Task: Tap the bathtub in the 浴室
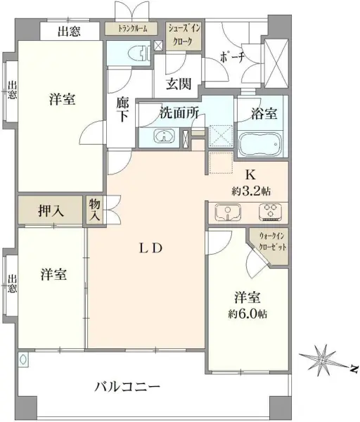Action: (260, 144)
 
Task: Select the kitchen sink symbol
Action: (228, 212)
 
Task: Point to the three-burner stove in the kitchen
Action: (271, 212)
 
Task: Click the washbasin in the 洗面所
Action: (164, 136)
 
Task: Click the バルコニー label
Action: (127, 388)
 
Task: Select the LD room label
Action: (150, 249)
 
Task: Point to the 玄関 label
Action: (179, 84)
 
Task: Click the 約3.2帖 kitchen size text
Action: (251, 191)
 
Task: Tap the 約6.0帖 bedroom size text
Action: (247, 314)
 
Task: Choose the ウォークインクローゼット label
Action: (272, 242)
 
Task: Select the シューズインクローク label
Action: (184, 35)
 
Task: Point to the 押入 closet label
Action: (51, 211)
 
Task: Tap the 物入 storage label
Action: (95, 210)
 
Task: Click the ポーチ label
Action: (232, 58)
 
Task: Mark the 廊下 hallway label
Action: (122, 110)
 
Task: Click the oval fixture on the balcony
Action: (23, 359)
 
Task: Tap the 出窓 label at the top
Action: (70, 31)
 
